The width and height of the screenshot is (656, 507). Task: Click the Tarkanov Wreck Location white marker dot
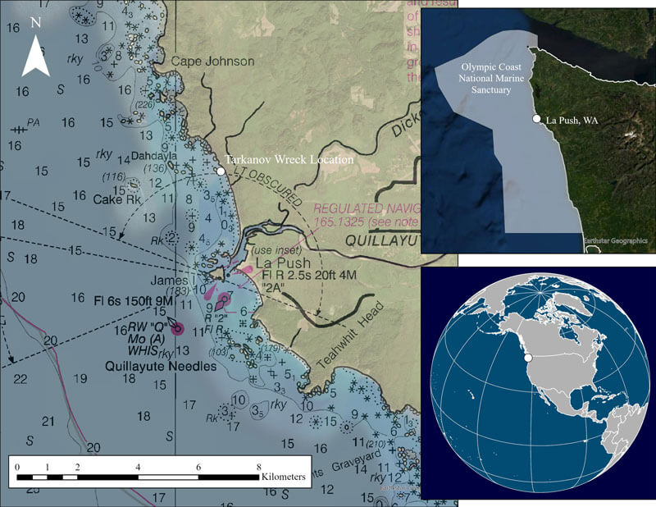click(x=221, y=171)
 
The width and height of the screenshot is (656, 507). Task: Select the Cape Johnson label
click(x=212, y=61)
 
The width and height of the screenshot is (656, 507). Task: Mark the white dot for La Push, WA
click(x=536, y=120)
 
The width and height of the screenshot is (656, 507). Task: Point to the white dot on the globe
click(x=530, y=358)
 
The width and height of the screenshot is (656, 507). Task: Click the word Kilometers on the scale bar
click(x=284, y=476)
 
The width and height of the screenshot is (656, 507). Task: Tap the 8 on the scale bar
click(x=258, y=465)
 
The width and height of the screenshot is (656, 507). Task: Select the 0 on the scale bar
click(x=17, y=465)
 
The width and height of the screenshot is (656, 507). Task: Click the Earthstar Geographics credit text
click(x=616, y=240)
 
